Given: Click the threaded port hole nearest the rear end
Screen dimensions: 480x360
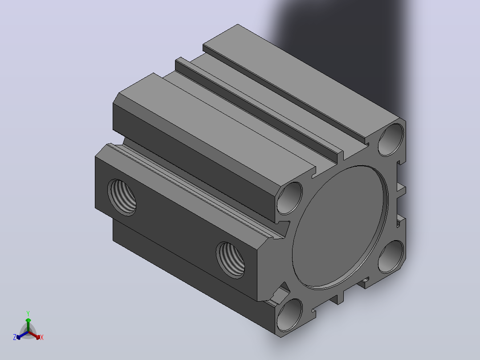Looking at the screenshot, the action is pos(122,197).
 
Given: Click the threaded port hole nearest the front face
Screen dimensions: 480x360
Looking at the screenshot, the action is pos(231,260).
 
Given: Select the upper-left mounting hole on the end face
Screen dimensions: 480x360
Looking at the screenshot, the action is pos(289,198).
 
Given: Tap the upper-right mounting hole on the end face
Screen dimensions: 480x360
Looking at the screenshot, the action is pos(391,140).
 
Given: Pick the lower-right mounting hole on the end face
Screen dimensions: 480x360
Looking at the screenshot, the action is pos(391,257).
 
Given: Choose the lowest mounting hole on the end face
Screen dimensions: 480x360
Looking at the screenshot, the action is pos(289,315).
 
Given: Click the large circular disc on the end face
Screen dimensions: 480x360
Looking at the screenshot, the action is pos(340,227).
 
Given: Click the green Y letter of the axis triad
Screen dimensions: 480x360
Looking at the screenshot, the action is pos(28,313).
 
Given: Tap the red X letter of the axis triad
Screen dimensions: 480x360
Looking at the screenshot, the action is pos(42,337).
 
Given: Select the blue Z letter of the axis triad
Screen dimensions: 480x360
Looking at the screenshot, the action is pos(15,337).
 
